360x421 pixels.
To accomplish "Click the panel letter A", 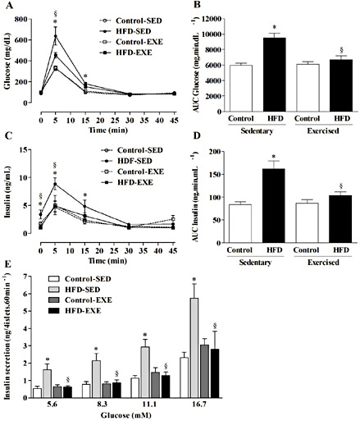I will (x=7, y=7).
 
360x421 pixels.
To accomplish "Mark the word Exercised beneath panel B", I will (x=313, y=120).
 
